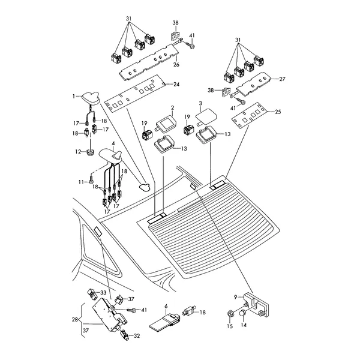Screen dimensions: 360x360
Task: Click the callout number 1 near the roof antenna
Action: point(74,96)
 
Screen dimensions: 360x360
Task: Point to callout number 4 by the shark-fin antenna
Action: point(106,143)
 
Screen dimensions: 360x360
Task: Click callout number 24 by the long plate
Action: point(176,84)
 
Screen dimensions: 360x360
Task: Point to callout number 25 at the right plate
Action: point(277,112)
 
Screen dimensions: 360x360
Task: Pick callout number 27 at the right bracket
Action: point(283,79)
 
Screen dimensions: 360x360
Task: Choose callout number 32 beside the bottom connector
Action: point(137,337)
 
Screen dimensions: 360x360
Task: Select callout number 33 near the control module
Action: point(103,293)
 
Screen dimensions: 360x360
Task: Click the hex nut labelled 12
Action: point(89,152)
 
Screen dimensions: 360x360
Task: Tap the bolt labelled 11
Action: point(91,178)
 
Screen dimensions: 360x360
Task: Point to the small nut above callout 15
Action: point(230,314)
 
